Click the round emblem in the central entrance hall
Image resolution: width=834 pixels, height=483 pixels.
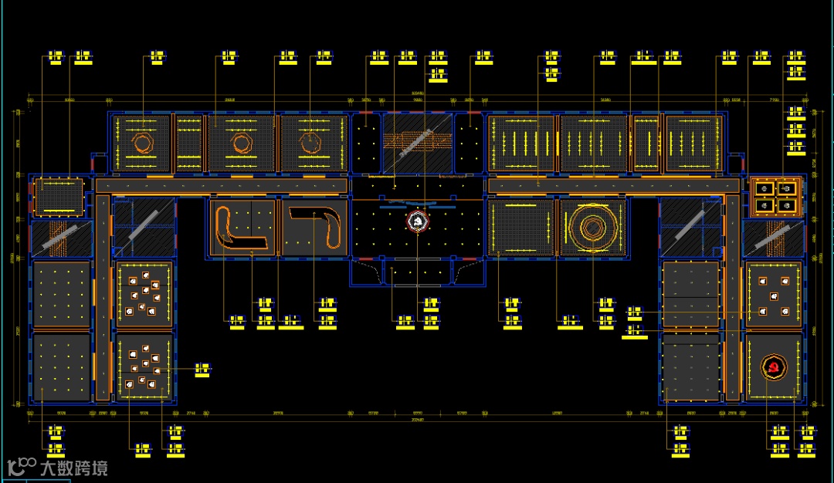[418, 222]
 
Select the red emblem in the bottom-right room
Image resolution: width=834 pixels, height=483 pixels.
[773, 367]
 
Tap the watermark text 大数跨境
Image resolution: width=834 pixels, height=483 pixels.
[74, 468]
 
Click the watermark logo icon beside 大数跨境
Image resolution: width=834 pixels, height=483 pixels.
[22, 466]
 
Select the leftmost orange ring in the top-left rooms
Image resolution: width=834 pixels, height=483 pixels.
[142, 143]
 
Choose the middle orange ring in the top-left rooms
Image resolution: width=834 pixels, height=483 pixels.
[240, 144]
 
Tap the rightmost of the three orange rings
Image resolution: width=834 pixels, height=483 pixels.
[310, 143]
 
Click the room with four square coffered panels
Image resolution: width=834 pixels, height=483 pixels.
[775, 196]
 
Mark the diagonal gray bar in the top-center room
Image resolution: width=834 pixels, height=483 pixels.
[417, 144]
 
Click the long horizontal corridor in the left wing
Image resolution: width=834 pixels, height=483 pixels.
[220, 186]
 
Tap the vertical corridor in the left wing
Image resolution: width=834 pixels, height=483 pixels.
[103, 297]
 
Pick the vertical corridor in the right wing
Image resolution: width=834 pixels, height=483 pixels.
[731, 297]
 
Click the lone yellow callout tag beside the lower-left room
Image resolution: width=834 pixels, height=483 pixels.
[202, 370]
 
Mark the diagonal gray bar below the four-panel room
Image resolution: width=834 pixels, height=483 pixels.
[772, 238]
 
